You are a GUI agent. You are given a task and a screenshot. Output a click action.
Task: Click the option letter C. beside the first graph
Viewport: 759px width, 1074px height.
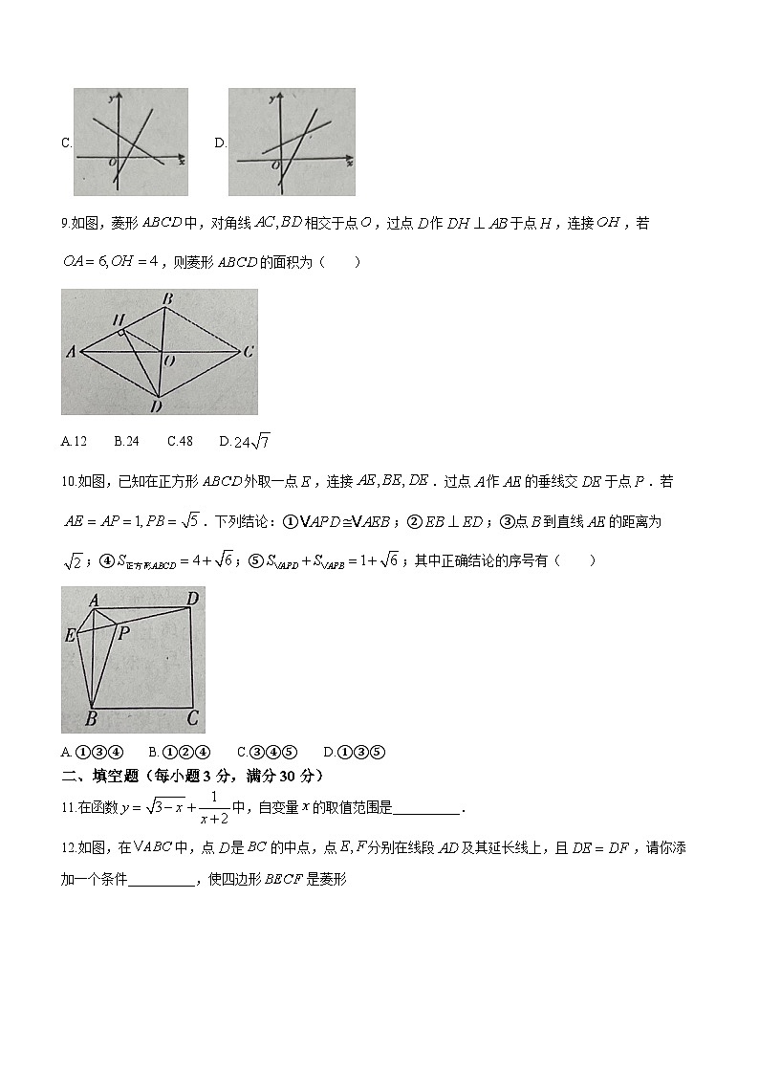66,143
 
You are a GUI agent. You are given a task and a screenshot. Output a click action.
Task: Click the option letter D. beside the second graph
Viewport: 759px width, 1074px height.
220,143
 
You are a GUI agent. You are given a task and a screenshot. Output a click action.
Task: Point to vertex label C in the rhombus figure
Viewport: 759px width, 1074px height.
248,352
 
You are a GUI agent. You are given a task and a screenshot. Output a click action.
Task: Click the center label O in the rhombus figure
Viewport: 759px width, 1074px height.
169,362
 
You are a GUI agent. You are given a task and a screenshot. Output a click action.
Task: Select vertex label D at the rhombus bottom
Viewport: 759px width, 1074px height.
157,405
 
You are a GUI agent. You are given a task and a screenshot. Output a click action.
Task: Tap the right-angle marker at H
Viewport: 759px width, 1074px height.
121,332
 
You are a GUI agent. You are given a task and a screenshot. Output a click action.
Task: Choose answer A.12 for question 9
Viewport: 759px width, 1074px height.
74,441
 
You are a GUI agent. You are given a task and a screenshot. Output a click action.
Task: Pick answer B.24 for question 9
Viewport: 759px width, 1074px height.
126,441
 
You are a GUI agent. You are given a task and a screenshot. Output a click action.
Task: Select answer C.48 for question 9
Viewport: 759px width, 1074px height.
180,441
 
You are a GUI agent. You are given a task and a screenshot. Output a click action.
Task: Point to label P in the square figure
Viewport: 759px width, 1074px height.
123,632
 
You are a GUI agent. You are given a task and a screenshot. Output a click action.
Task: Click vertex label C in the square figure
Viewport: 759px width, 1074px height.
192,718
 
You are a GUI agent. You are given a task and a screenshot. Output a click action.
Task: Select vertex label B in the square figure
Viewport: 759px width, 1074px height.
91,719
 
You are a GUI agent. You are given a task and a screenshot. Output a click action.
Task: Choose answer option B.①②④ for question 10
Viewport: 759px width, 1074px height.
180,752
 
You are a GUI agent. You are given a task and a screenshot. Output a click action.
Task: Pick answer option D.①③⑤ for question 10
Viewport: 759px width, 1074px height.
355,752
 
